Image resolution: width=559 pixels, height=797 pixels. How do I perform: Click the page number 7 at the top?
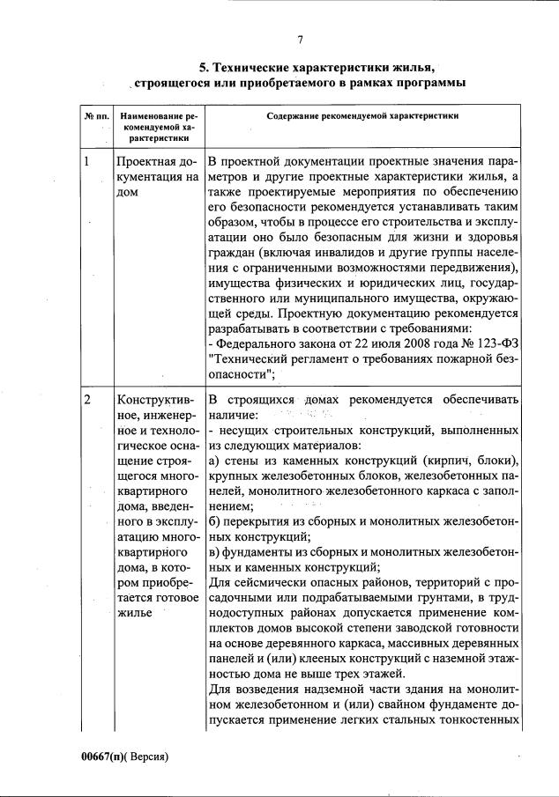(299, 39)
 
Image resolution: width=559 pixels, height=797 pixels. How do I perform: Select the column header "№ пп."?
(95, 115)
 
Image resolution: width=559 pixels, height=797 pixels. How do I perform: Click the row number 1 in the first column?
(86, 162)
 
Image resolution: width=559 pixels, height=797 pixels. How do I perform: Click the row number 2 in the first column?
(86, 399)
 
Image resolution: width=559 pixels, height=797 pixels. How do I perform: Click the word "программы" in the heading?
(421, 83)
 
